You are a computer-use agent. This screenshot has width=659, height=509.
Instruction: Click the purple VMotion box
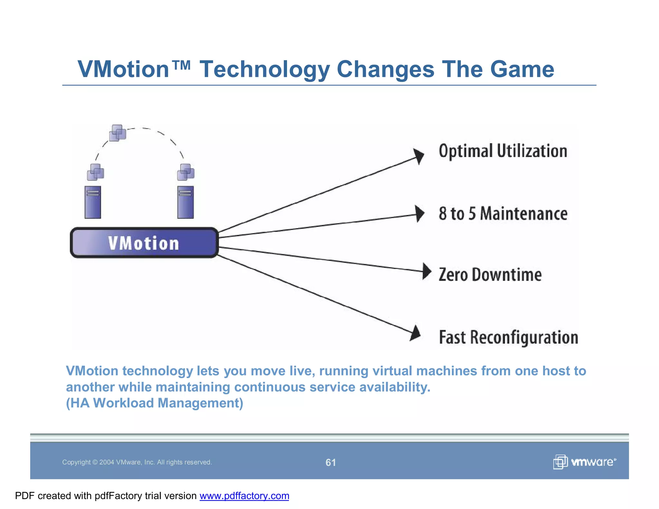144,243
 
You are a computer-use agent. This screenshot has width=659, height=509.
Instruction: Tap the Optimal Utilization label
503,151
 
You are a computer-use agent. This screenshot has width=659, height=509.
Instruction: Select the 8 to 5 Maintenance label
503,214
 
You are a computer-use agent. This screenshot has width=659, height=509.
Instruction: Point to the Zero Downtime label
490,275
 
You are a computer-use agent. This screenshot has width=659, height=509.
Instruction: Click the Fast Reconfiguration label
508,337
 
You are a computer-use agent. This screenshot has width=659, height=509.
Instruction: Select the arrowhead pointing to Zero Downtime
427,271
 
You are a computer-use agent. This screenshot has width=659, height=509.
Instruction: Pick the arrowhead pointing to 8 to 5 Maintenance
420,214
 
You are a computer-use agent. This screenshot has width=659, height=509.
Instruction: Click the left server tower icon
93,202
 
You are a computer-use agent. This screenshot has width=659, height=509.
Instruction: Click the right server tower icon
185,202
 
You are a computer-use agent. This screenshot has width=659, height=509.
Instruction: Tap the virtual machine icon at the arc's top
117,133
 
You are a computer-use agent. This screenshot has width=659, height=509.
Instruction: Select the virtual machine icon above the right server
186,172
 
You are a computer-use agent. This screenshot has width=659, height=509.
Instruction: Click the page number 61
330,462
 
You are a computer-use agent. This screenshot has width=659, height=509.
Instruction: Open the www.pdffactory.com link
244,496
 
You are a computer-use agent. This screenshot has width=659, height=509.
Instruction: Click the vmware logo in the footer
584,462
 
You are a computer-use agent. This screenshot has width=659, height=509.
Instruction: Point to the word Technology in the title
265,69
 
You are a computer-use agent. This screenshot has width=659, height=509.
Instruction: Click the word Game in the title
522,69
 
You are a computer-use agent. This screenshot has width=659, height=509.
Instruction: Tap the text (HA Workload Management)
154,403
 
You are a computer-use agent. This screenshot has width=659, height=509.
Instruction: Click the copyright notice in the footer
137,462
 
